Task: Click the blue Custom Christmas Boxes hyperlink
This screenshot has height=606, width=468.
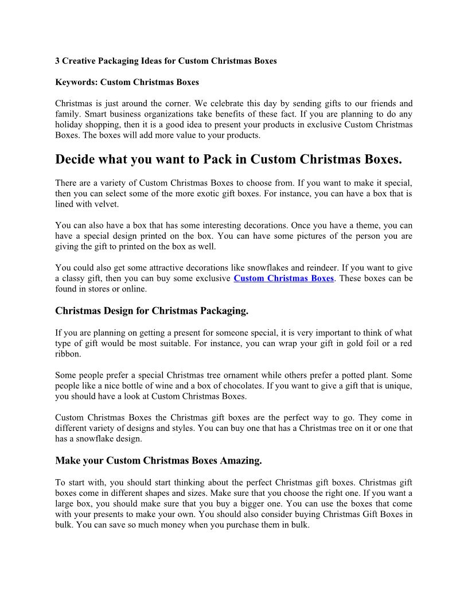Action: (283, 278)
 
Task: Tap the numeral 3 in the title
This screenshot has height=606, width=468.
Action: (57, 60)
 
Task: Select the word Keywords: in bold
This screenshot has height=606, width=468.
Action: (76, 82)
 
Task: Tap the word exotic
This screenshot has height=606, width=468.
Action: (223, 193)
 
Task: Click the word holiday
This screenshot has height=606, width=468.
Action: (69, 125)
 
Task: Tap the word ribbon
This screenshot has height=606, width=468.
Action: (68, 354)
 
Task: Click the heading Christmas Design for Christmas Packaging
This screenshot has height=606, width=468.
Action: (151, 311)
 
